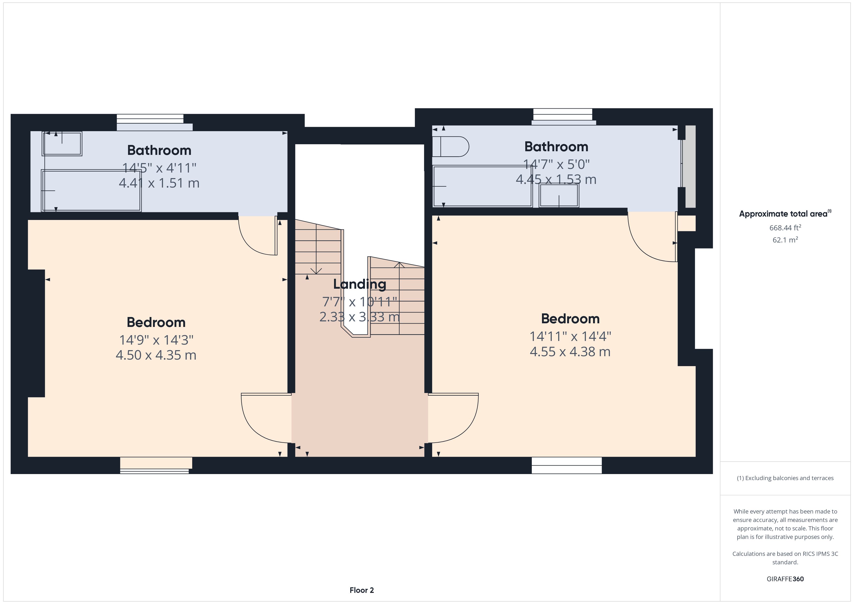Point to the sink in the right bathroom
[x=559, y=195]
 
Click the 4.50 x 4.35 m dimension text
[x=156, y=355]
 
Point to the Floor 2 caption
[x=362, y=590]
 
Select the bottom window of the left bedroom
[x=155, y=465]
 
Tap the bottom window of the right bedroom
[x=566, y=465]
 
